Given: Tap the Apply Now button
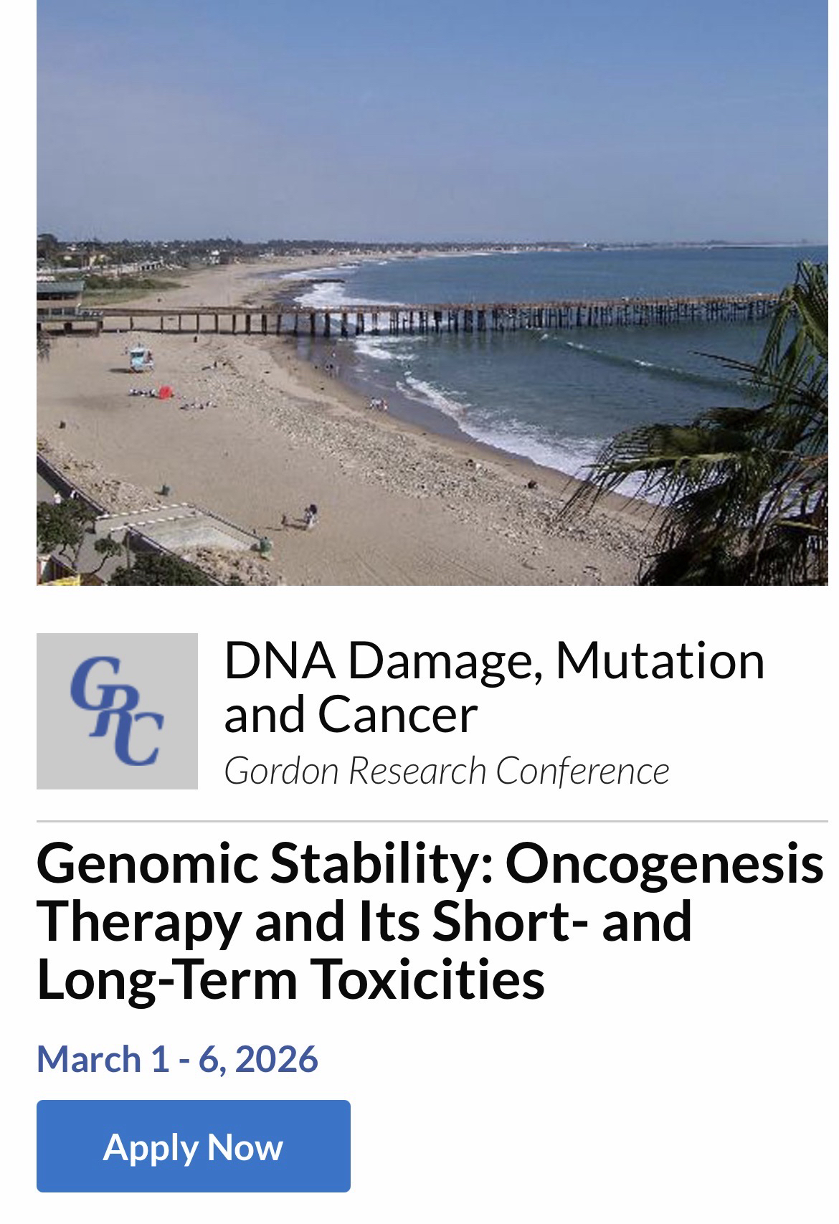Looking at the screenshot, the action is (x=194, y=1146).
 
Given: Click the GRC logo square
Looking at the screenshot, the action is (x=117, y=711).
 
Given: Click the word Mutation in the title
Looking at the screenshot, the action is (x=660, y=661).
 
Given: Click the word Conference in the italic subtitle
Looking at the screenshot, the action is (x=582, y=770).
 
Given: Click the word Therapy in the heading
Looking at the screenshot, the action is (x=139, y=922).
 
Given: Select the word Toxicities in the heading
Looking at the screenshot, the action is (x=429, y=979).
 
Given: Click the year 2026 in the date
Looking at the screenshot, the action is (x=277, y=1058).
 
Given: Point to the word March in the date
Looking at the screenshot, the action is (x=89, y=1058).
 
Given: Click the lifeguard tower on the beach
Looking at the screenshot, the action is (x=141, y=359).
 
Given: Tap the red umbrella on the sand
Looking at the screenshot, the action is (x=166, y=392).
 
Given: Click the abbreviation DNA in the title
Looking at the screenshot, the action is (x=280, y=661).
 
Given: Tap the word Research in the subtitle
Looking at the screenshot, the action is (x=417, y=770).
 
